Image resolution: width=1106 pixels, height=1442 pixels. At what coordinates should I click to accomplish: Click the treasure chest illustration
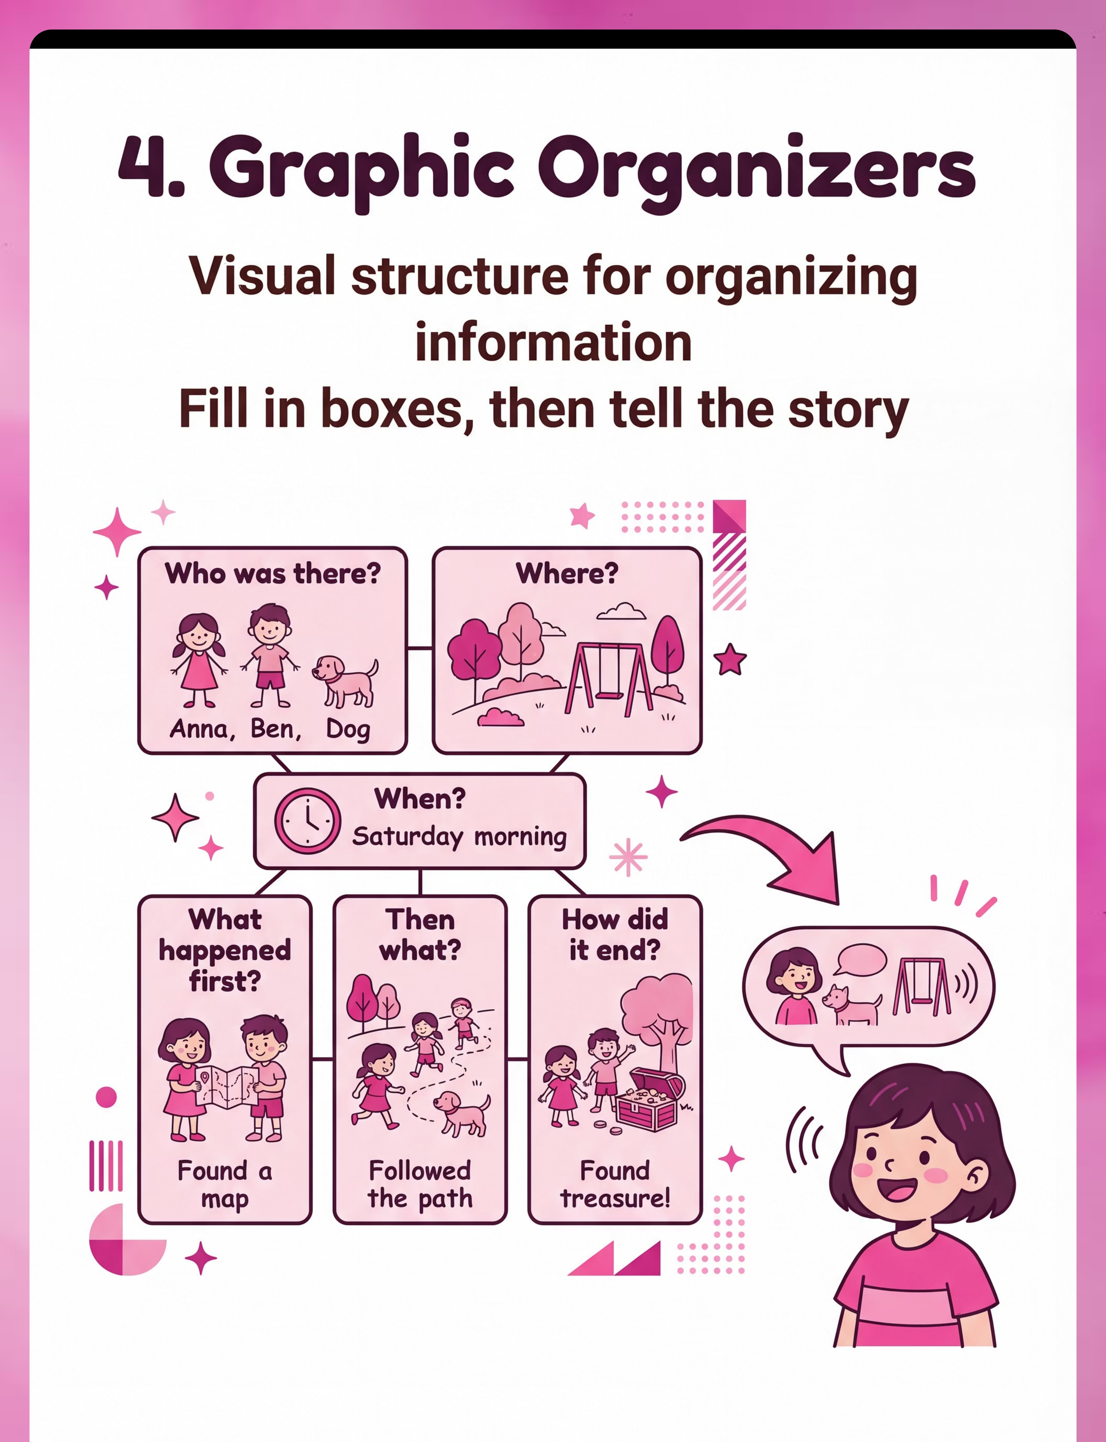(649, 1098)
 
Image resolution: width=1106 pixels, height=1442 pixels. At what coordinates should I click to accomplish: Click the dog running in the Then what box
(461, 1113)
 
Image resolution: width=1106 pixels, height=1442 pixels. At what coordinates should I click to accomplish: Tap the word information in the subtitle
(553, 342)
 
